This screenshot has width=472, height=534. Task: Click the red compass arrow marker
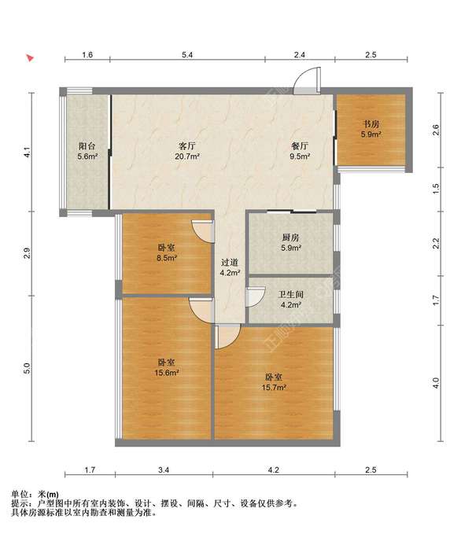point(31,58)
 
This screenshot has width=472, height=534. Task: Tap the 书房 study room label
point(371,124)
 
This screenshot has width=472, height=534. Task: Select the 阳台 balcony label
point(87,146)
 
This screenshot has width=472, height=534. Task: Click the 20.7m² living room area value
point(187,157)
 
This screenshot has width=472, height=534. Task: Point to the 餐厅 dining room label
point(300,146)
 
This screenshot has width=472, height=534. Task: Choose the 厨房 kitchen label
point(290,238)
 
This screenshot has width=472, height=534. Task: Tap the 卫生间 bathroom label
point(290,295)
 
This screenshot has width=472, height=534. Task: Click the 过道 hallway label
point(230,263)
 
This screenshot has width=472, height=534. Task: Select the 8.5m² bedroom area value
point(167,258)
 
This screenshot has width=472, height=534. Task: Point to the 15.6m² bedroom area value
point(167,373)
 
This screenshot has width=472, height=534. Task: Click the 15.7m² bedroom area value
point(274,388)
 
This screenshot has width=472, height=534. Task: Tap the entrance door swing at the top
point(307,80)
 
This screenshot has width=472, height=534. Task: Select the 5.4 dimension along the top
point(187,55)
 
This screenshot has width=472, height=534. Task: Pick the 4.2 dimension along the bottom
point(273,470)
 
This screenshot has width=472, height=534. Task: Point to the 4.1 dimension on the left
point(28,152)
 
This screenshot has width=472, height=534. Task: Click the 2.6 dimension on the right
point(436,130)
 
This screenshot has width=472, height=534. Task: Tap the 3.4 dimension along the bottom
point(164,470)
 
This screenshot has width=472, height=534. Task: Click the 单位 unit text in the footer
point(20,494)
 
